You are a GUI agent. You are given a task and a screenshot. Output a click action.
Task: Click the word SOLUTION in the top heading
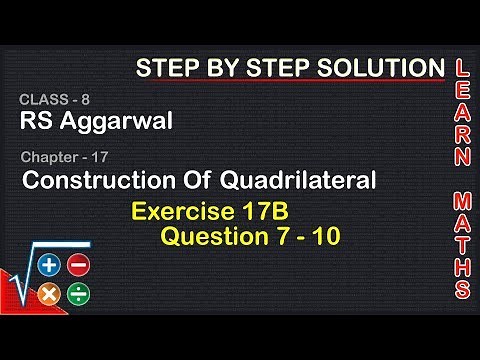(378, 68)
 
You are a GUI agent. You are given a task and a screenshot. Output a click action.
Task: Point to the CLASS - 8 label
(49, 101)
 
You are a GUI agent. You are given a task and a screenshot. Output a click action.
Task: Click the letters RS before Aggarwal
(33, 123)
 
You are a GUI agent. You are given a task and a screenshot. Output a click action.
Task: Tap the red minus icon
(79, 266)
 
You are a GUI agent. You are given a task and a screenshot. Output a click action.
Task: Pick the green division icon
(79, 294)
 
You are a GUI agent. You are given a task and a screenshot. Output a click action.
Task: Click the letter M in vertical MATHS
(462, 196)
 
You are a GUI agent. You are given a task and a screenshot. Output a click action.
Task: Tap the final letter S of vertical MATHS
(462, 290)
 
